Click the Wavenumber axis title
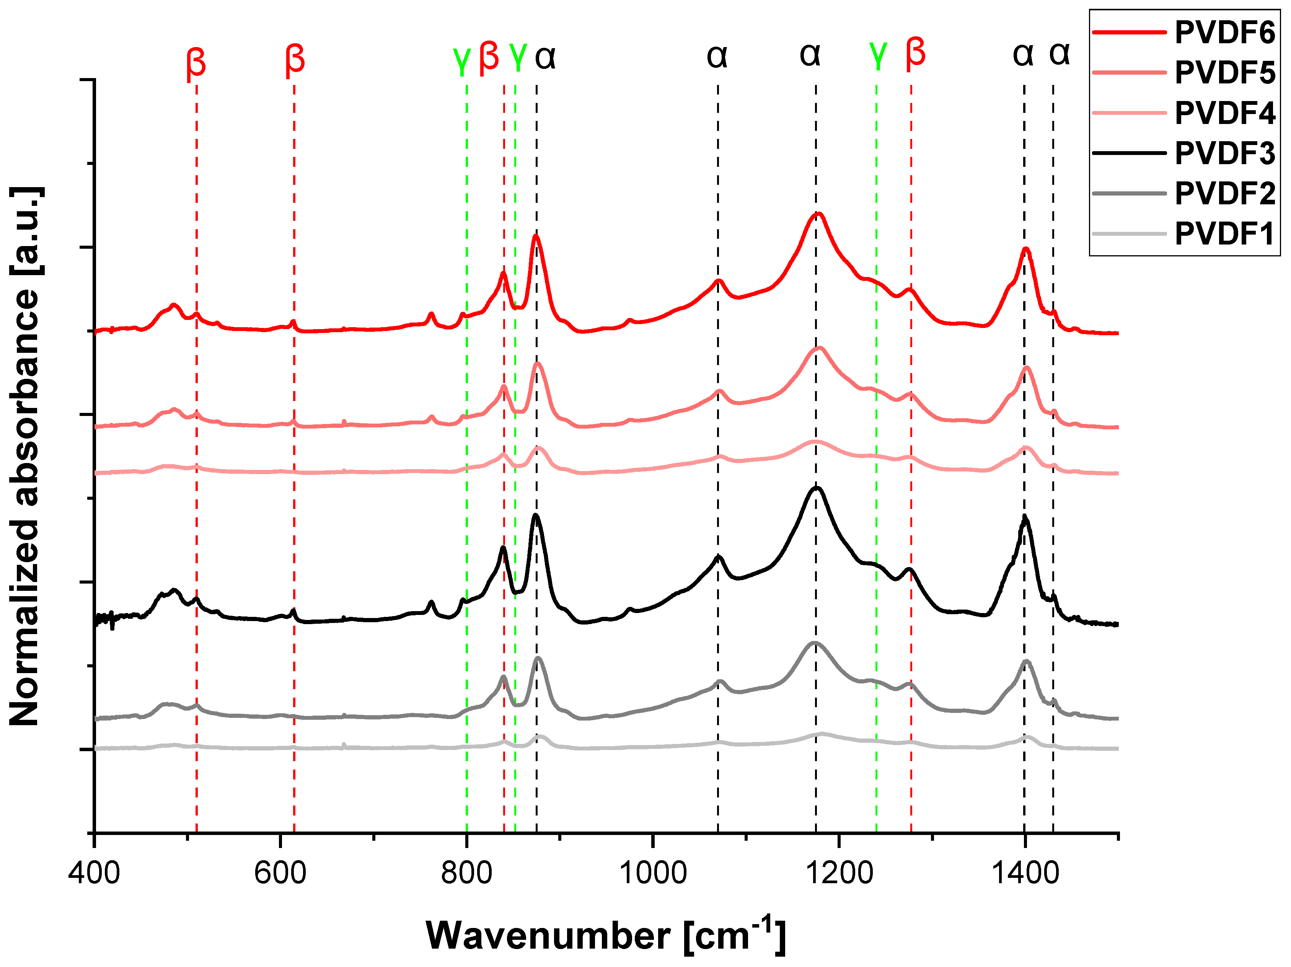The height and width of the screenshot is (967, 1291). (x=606, y=936)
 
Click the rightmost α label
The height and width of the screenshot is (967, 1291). (x=1059, y=54)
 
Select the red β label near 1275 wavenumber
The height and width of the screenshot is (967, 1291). (x=916, y=52)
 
